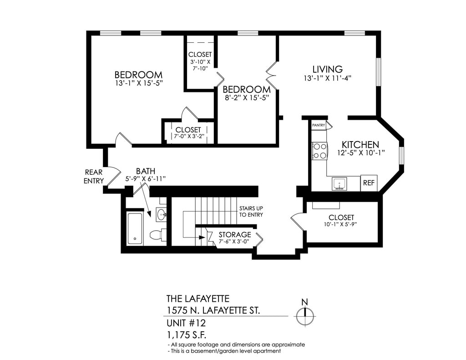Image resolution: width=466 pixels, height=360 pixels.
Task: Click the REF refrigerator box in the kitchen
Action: tap(368, 183)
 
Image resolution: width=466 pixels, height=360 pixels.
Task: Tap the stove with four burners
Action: tap(319, 151)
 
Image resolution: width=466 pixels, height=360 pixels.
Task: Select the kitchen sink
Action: tap(339, 183)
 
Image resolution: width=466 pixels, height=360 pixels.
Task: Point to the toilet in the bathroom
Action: tap(157, 235)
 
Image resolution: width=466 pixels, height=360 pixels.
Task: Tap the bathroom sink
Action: tap(161, 214)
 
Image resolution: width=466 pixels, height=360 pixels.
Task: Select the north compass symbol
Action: tap(305, 315)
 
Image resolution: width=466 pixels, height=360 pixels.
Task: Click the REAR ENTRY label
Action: tap(94, 177)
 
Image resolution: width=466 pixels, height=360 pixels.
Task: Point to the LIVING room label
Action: tap(327, 69)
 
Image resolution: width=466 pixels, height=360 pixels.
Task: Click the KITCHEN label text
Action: tap(360, 144)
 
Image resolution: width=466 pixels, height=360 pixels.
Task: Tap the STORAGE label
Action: tap(235, 234)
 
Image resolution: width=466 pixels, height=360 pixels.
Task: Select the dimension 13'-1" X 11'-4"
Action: tap(327, 78)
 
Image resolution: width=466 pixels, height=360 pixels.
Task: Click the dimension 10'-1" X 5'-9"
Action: tap(341, 224)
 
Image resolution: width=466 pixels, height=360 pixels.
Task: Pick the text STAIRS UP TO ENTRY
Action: tap(251, 212)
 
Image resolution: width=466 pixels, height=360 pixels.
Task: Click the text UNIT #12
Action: tap(186, 324)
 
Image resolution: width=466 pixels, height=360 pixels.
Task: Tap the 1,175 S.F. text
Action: tap(187, 335)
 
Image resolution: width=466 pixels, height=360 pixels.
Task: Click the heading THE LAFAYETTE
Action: tap(198, 299)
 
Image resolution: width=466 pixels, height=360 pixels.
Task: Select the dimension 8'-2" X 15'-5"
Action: tap(246, 97)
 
